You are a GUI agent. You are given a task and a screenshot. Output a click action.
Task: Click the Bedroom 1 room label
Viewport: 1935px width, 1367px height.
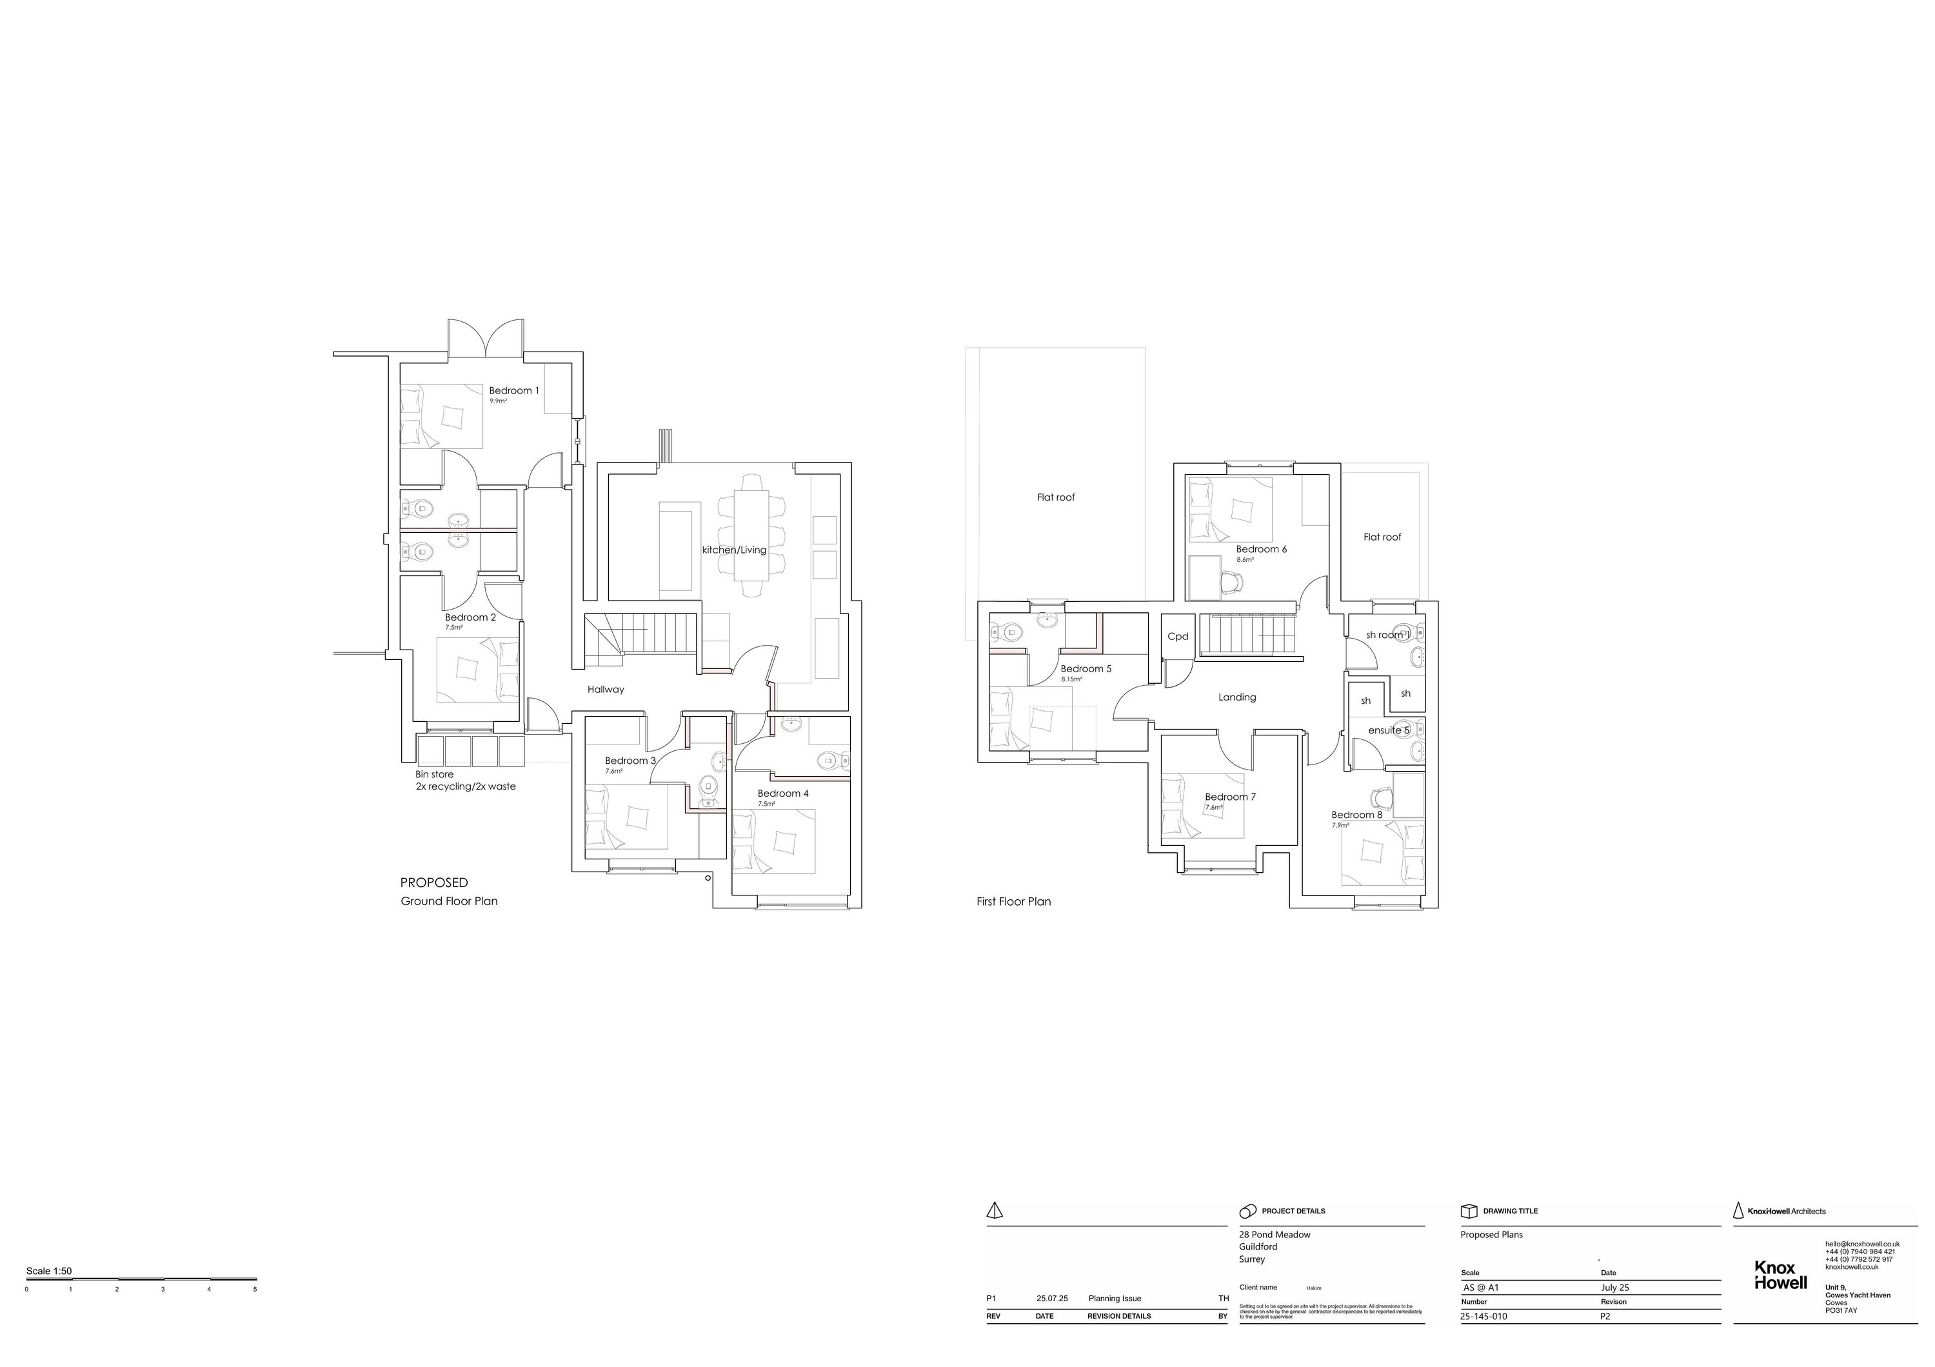point(513,391)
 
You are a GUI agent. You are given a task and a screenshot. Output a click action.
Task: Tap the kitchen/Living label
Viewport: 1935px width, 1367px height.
point(734,550)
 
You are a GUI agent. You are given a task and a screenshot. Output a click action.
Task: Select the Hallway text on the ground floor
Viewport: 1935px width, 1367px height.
point(605,690)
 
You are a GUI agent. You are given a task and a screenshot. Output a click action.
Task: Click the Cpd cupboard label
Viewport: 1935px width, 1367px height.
point(1177,636)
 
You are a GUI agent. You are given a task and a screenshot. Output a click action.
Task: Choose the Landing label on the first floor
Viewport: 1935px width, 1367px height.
point(1236,697)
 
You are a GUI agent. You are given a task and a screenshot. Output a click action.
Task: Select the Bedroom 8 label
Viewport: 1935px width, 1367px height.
point(1356,815)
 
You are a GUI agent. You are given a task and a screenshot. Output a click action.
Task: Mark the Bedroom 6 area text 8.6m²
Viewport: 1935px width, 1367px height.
point(1245,559)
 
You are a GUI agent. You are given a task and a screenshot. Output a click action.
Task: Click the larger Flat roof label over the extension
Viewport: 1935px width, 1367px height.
point(1055,497)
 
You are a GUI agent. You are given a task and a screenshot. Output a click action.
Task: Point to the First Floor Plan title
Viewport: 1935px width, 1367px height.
point(1013,902)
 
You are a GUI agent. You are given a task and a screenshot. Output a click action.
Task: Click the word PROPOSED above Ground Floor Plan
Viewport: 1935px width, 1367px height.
point(433,883)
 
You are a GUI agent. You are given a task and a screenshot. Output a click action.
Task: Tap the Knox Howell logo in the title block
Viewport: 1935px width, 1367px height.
point(1780,1275)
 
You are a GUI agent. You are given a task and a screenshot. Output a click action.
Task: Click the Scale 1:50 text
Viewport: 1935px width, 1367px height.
point(49,1271)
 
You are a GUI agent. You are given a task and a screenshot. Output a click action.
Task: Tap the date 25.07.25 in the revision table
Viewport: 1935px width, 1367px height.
point(1052,1299)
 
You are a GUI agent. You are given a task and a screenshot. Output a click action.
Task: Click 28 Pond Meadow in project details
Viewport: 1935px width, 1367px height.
point(1275,1235)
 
